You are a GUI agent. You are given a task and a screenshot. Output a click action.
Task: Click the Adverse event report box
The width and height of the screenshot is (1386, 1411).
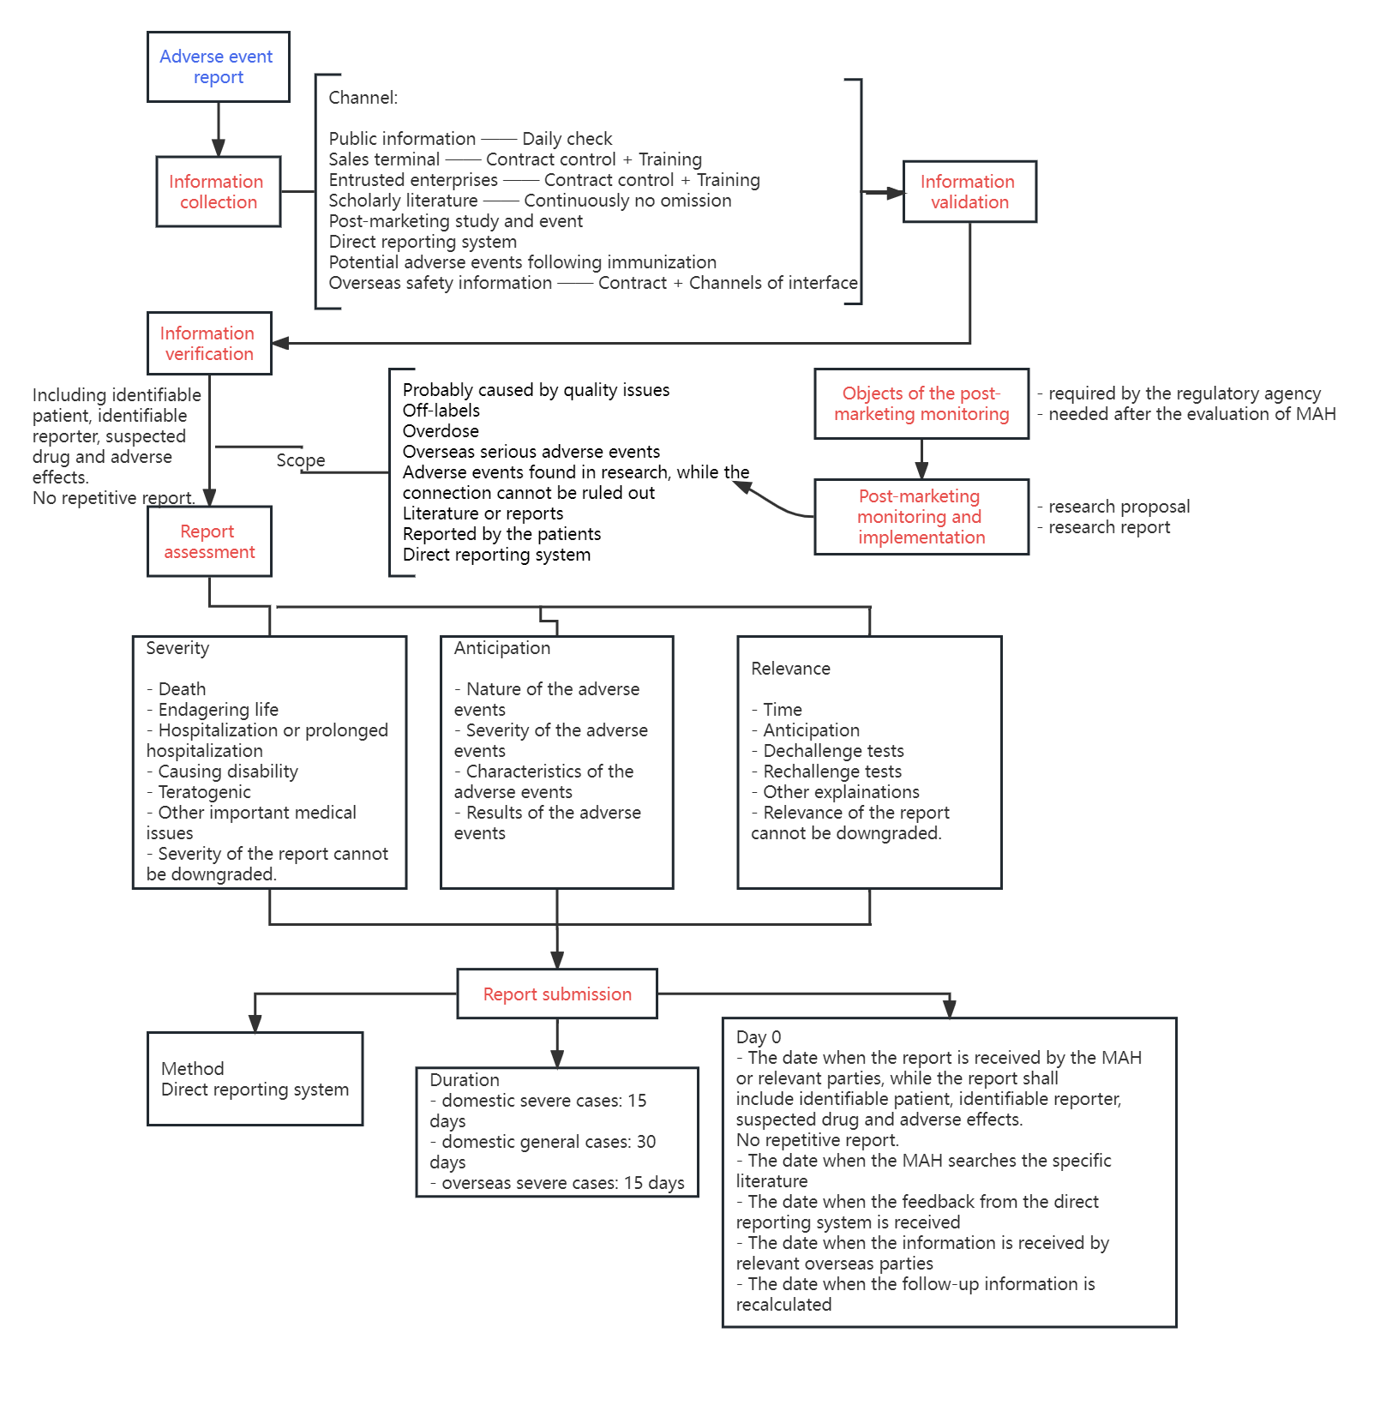tap(218, 67)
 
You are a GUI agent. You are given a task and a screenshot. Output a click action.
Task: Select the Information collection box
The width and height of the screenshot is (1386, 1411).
tap(218, 192)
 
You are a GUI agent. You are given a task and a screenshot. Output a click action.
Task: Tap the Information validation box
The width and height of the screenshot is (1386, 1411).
tap(969, 192)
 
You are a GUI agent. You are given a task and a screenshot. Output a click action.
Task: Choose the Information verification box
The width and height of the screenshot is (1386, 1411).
tap(209, 344)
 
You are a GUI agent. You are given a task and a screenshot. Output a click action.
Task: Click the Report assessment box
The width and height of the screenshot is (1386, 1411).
tap(209, 542)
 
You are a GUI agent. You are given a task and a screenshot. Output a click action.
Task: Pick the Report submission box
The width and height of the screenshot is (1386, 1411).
tap(557, 994)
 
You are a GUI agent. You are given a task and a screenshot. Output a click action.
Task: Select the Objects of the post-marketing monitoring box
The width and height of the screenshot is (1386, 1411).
tap(921, 404)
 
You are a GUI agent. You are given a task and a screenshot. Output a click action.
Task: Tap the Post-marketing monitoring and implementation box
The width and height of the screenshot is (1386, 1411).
tap(921, 517)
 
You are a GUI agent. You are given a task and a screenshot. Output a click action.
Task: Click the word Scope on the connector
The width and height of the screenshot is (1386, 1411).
tap(301, 460)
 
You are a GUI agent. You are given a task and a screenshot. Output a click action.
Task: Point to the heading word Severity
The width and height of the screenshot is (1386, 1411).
tap(177, 648)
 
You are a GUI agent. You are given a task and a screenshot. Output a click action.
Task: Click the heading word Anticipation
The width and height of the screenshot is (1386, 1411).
tap(502, 648)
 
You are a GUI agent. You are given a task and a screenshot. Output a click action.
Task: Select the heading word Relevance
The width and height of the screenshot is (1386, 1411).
tap(790, 669)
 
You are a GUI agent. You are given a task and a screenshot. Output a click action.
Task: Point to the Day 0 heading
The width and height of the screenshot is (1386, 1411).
tap(759, 1037)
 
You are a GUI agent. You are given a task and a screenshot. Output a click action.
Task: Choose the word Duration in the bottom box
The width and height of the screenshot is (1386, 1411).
tap(465, 1080)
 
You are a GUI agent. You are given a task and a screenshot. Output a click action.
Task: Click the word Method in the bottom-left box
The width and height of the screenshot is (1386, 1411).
tap(193, 1069)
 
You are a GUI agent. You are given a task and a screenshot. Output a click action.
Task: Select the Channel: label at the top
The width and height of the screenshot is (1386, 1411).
tap(363, 98)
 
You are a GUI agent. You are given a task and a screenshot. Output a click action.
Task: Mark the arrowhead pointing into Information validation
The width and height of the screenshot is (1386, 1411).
tap(895, 193)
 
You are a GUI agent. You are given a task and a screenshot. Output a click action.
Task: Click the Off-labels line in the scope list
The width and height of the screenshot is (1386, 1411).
tap(441, 411)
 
